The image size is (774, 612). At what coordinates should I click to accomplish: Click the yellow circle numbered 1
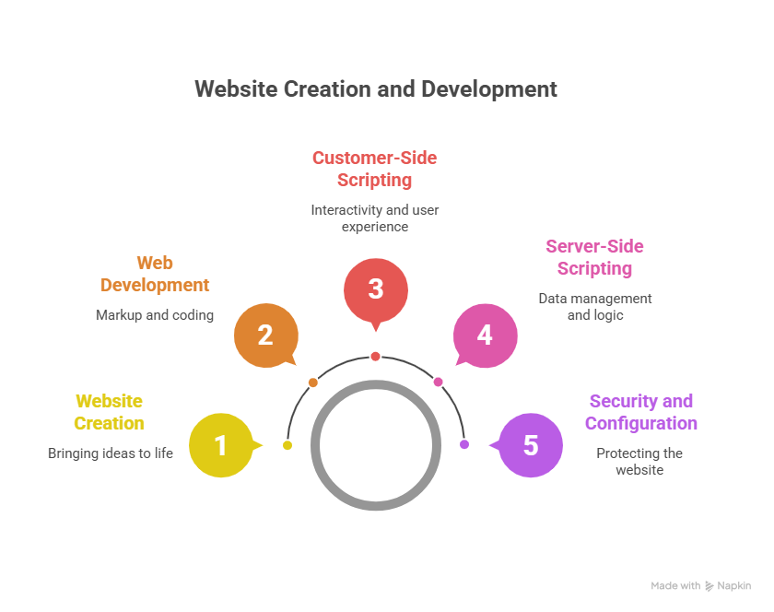220,446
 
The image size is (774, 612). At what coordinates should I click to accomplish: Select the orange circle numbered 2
265,335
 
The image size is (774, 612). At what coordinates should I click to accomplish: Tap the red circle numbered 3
376,289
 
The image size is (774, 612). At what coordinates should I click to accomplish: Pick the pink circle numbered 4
485,335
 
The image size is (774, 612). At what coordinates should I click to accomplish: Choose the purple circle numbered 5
531,446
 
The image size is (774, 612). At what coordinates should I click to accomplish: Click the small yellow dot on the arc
287,445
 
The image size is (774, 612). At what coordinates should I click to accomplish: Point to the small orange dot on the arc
313,382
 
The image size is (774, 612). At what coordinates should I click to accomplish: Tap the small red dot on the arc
376,356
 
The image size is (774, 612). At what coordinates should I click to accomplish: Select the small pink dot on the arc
438,382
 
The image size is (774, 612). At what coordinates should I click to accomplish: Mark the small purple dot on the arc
464,444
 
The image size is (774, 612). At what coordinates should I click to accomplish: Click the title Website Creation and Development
376,89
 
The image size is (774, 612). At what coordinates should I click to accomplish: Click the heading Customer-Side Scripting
374,169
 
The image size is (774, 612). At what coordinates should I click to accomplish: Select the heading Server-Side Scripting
594,257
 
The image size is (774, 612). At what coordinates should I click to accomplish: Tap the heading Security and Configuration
640,412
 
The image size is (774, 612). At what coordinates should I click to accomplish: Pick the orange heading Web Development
155,274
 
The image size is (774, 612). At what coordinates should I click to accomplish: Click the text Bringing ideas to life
111,453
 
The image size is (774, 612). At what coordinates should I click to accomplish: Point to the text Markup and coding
155,315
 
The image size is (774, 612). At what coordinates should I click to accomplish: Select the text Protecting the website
639,461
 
